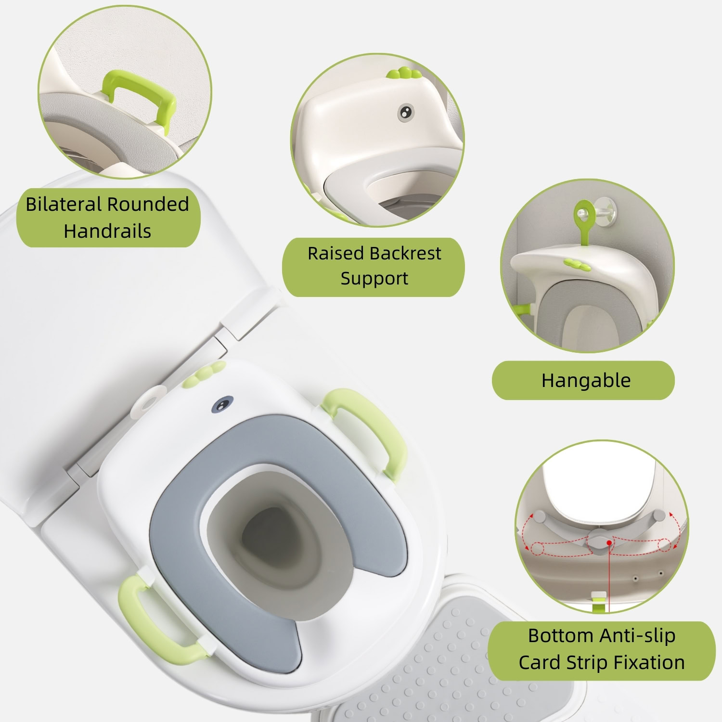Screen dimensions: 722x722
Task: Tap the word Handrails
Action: [x=107, y=231]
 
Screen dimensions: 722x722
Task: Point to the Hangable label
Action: [x=586, y=380]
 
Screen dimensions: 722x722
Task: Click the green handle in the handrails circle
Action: [x=137, y=99]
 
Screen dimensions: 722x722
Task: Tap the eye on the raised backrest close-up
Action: [x=406, y=112]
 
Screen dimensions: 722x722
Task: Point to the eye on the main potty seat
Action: [x=222, y=405]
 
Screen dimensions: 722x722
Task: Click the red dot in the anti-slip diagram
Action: [x=609, y=542]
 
